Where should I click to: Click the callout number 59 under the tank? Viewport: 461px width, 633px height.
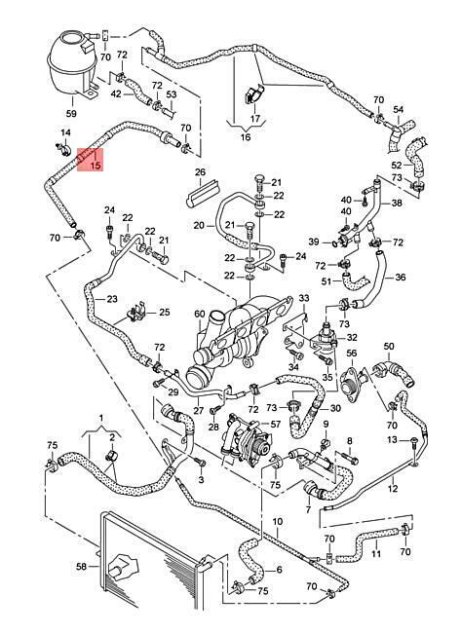pos(71,113)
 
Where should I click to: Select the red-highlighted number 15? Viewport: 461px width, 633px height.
pos(96,166)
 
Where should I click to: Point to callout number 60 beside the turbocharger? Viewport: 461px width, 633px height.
pos(200,314)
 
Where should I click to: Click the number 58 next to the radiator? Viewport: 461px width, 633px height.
pos(82,567)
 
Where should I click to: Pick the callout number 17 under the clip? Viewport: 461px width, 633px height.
pos(255,119)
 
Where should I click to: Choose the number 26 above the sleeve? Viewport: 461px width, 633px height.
pos(201,172)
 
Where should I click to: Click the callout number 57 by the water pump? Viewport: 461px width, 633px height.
pos(275,424)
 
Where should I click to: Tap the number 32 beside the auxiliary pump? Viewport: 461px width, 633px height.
pos(352,337)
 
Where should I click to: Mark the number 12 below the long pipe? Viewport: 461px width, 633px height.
pos(393,489)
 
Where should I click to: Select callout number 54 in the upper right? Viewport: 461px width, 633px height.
pos(399,109)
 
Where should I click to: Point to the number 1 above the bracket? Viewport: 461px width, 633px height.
pos(101,417)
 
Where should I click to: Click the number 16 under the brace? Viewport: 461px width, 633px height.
pos(246,137)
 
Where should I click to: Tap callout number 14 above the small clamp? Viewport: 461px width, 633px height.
pos(65,132)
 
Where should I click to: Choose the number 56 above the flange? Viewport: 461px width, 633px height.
pos(352,354)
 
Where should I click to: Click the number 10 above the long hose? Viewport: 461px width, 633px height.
pos(278,522)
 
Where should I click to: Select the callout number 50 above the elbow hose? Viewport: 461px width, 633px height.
pos(389,346)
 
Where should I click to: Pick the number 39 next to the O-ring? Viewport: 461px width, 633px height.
pos(314,242)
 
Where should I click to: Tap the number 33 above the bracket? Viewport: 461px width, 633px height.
pos(304,298)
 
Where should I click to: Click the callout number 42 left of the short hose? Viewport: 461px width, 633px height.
pos(116,93)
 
